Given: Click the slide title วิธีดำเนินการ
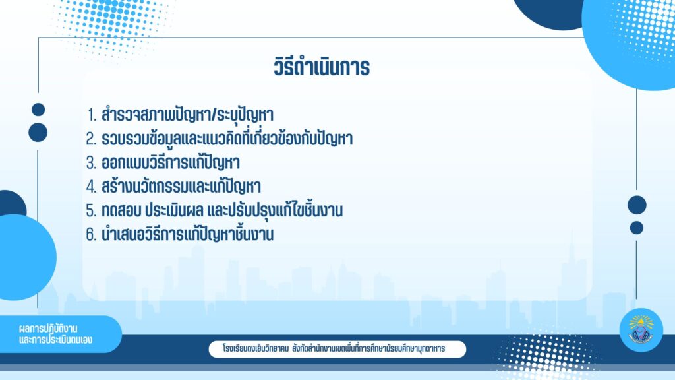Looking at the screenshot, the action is (x=322, y=67).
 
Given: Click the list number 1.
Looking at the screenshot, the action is (x=92, y=115).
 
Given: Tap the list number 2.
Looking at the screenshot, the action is (x=91, y=139).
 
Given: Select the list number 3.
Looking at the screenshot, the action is (x=91, y=163).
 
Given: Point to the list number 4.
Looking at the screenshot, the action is (x=91, y=187).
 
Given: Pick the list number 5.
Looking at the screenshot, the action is (x=91, y=210).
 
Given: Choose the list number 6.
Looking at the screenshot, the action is (x=91, y=234).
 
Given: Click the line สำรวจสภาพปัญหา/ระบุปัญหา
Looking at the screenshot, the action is (x=187, y=115).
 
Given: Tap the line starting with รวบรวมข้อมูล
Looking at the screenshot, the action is (x=227, y=139).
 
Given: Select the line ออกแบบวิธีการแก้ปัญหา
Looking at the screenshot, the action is (x=171, y=162).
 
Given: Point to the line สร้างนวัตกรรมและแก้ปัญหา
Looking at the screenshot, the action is (x=181, y=186).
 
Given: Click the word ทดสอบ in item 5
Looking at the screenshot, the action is (x=121, y=210).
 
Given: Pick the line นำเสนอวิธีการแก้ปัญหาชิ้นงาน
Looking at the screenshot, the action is (x=188, y=234).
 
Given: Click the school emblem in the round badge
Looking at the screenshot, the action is (x=641, y=330).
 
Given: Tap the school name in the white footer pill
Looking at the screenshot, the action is (x=334, y=348).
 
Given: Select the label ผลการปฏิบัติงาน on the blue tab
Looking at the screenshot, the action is (x=48, y=329).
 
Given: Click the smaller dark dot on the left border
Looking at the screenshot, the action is (x=38, y=110).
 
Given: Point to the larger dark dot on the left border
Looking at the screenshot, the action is (x=38, y=132).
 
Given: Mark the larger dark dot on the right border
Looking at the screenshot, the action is (x=637, y=205).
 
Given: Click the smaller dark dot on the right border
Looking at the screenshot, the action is (x=637, y=228).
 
